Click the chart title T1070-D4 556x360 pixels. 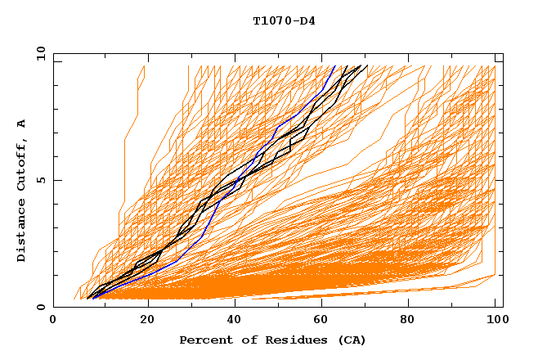pos(284,20)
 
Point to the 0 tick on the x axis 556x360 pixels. pos(53,322)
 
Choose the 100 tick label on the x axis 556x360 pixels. pos(495,322)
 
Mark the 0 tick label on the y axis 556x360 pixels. pos(40,307)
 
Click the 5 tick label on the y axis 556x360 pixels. pos(40,180)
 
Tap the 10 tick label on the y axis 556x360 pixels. pos(37,53)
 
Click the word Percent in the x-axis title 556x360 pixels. pos(202,340)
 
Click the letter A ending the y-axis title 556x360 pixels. pos(21,123)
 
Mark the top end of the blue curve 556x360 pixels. pos(334,65)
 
